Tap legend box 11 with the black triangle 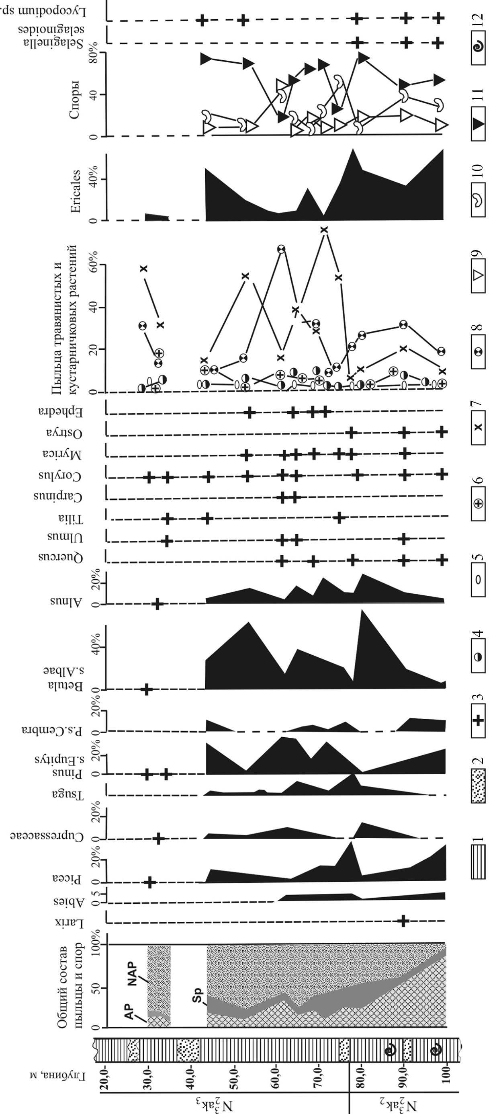point(479,124)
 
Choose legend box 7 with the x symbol point(479,427)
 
